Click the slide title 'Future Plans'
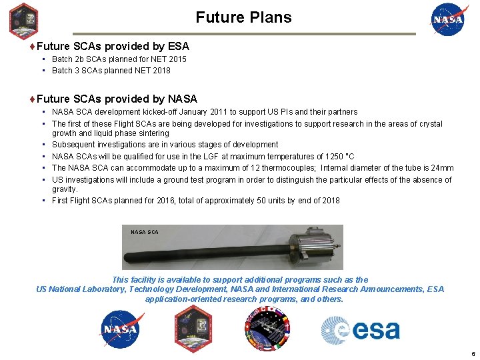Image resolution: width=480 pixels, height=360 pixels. [x=243, y=17]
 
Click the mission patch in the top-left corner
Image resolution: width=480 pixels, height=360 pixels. [x=23, y=21]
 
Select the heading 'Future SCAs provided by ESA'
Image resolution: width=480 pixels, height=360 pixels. [x=113, y=47]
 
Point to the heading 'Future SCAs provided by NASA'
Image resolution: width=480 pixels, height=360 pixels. [x=117, y=99]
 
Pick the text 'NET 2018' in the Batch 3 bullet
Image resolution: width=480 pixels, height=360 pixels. [x=154, y=71]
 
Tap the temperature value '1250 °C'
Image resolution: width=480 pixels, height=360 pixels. [x=338, y=157]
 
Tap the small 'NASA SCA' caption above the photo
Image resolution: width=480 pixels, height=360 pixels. [x=144, y=232]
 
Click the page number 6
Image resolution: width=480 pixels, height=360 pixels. [x=472, y=354]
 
